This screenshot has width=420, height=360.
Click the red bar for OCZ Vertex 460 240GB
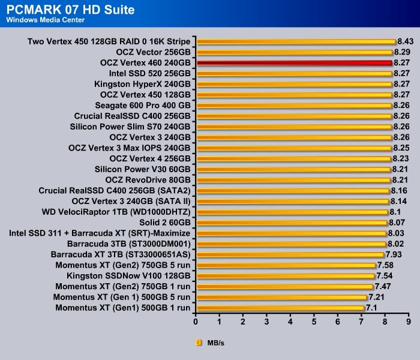[294, 62]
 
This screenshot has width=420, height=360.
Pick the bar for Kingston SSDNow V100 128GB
[286, 276]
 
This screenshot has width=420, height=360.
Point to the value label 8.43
[406, 41]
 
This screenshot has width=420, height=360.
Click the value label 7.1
[371, 308]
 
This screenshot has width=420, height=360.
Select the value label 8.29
[402, 52]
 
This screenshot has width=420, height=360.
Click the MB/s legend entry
[210, 343]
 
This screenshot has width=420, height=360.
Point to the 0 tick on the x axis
[196, 322]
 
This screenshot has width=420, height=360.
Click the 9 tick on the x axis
[409, 322]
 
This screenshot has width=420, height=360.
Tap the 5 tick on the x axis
[314, 322]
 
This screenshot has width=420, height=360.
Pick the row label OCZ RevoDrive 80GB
[148, 179]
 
